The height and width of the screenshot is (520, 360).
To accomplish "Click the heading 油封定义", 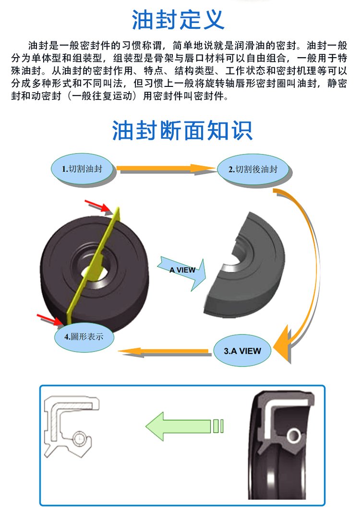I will point(178,20).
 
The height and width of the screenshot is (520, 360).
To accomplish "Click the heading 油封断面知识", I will point(182,130).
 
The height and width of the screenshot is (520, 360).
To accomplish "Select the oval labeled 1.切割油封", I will point(83,169).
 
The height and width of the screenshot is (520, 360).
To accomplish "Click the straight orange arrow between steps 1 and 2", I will point(166,168).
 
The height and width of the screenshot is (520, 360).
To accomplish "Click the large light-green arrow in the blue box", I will point(180,425).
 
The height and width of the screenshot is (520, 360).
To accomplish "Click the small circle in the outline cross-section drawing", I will point(81,438).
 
